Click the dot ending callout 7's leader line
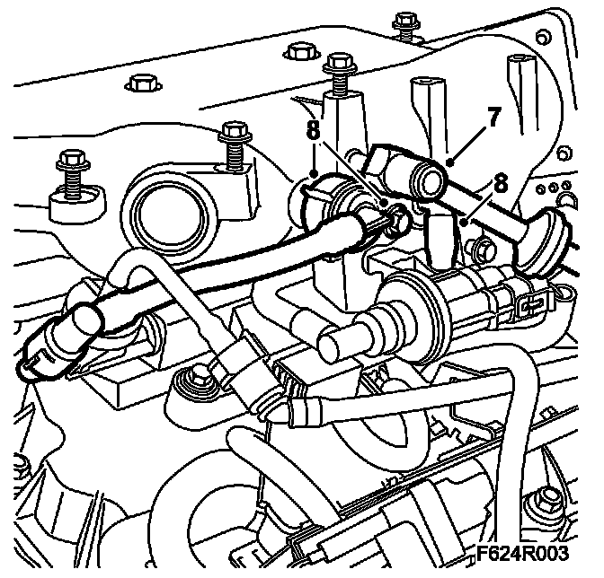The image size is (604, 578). click(x=449, y=162)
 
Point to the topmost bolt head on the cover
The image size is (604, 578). click(x=406, y=20)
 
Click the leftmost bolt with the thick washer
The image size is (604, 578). click(x=69, y=165)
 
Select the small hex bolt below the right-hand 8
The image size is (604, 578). click(x=484, y=247)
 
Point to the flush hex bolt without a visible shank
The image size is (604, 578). click(x=139, y=83)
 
